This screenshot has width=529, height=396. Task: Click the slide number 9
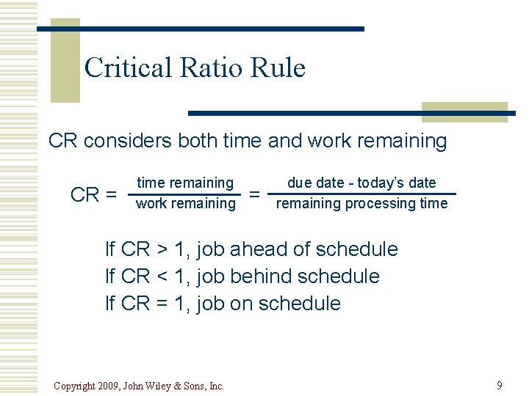tap(500, 385)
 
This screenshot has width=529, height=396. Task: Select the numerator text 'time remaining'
tap(185, 183)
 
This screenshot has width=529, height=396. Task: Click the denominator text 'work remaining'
tap(186, 203)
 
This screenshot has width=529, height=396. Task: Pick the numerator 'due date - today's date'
tap(361, 183)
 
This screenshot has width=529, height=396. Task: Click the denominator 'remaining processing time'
tap(361, 203)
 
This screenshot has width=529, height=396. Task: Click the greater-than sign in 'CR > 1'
tap(162, 249)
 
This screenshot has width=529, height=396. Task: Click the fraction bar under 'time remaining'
tap(185, 194)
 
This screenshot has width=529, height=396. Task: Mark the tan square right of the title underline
tap(464, 112)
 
